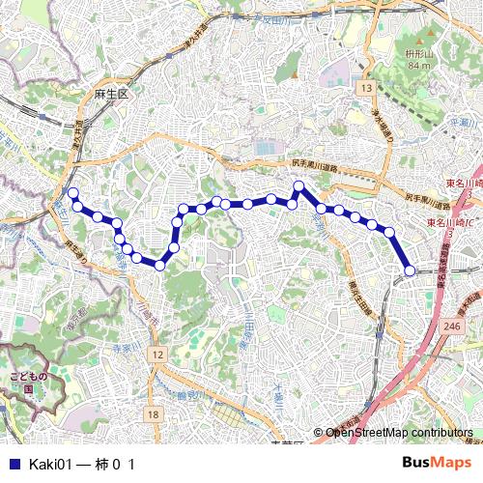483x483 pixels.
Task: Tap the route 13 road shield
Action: tap(365, 88)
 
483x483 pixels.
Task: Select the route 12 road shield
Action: tap(156, 355)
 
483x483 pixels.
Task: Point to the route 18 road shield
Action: tap(153, 413)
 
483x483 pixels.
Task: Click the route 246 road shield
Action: tap(451, 327)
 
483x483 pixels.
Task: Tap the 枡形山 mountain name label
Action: tap(417, 53)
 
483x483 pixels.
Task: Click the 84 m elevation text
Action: tap(418, 66)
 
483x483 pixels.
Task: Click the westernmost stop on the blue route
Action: tap(72, 193)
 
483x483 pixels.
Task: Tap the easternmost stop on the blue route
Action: tap(409, 271)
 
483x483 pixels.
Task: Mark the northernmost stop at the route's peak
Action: tap(298, 185)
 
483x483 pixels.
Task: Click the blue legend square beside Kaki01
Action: tap(13, 464)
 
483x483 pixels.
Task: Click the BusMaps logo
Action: tap(436, 463)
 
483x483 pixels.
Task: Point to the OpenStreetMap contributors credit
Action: tap(398, 433)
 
